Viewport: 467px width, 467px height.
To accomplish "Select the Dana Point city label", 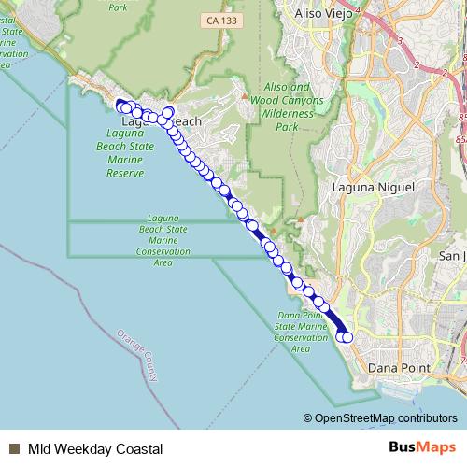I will (399, 369).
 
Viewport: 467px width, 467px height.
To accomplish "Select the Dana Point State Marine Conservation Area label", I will (300, 332).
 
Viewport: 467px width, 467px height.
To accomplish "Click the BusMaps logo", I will (422, 448).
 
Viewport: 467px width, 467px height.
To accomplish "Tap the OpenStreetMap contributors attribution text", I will (386, 418).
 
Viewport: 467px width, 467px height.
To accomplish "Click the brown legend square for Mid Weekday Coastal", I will (15, 449).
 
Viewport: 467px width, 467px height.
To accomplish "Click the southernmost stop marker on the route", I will (347, 337).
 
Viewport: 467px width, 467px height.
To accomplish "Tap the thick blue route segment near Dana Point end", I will (335, 321).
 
